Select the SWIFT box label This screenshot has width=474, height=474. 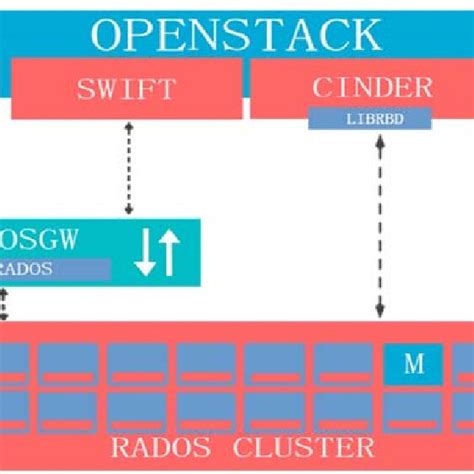[125, 88]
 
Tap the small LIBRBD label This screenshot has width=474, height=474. [369, 118]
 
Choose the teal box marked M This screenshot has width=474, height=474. [413, 364]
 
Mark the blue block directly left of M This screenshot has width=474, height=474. [343, 364]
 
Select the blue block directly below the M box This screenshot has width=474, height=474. [413, 410]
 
